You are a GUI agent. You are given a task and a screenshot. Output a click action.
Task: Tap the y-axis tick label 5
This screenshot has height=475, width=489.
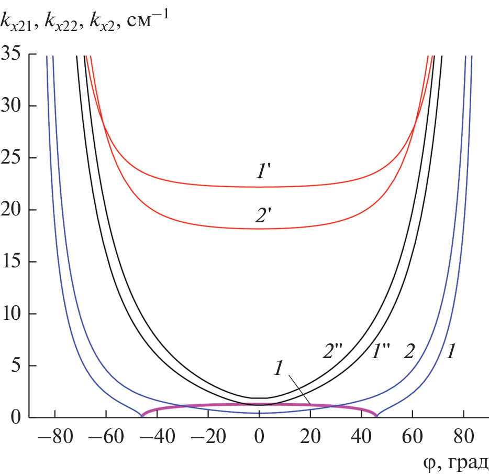coord(20,365)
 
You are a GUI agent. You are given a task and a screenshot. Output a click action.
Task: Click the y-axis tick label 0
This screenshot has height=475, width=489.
coord(20,418)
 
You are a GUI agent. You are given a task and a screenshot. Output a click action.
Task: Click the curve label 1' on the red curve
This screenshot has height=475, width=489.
coord(260,170)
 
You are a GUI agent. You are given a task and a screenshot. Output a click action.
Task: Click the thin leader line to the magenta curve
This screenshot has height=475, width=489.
coord(299,390)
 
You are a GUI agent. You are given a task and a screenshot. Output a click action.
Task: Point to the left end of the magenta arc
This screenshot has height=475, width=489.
coord(142,415)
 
